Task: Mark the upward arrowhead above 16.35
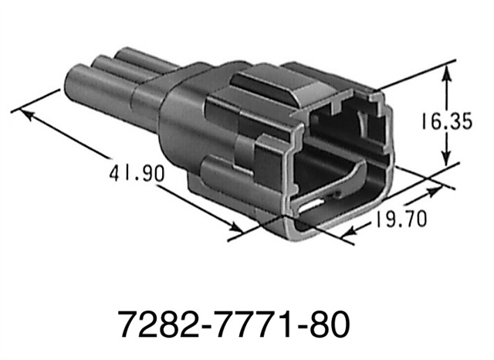point(446,73)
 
